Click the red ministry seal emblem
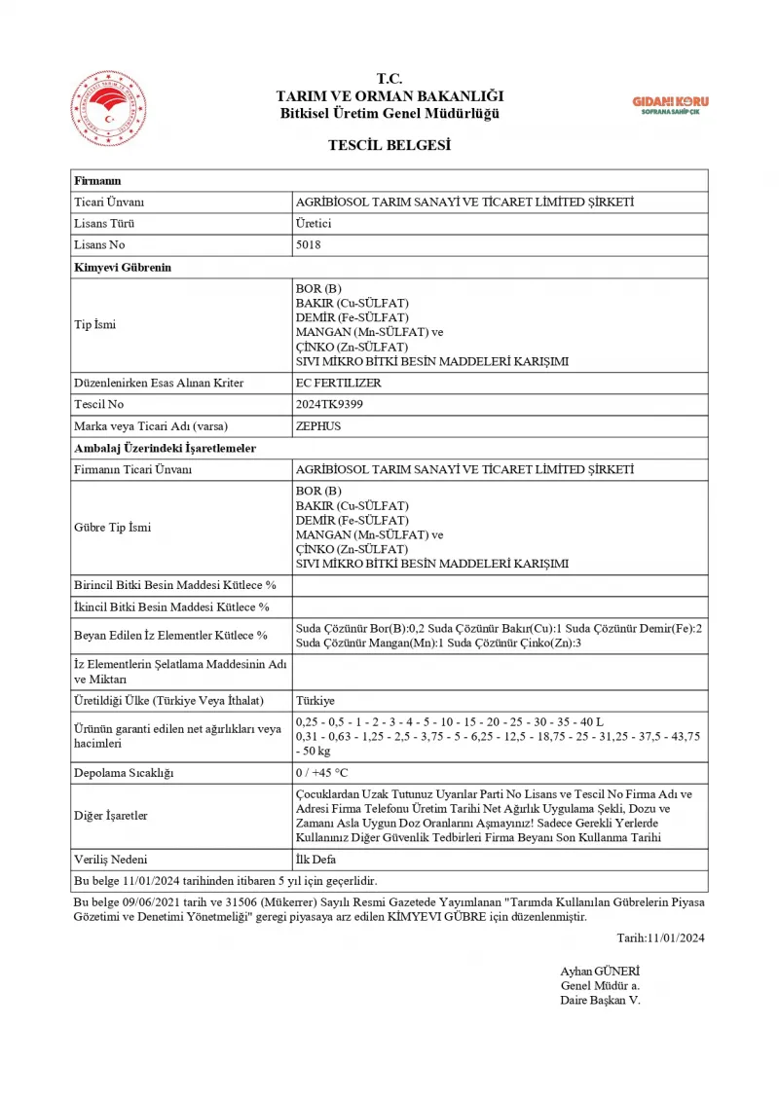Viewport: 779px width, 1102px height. pyautogui.click(x=107, y=108)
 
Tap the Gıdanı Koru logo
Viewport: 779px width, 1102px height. pyautogui.click(x=670, y=105)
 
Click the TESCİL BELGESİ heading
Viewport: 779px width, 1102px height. pyautogui.click(x=389, y=145)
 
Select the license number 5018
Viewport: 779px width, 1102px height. pyautogui.click(x=308, y=245)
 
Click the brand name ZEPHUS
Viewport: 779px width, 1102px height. pyautogui.click(x=317, y=425)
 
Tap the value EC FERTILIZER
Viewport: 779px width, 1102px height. pyautogui.click(x=338, y=383)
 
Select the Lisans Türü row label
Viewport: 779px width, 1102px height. pyautogui.click(x=105, y=224)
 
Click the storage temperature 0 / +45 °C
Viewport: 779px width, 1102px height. pyautogui.click(x=321, y=773)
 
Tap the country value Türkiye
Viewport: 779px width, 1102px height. pyautogui.click(x=315, y=700)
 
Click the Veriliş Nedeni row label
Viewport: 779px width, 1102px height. pyautogui.click(x=111, y=859)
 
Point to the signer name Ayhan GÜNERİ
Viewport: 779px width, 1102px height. pyautogui.click(x=600, y=971)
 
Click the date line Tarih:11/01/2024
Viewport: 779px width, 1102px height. pyautogui.click(x=660, y=937)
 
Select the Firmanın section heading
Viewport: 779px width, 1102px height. pyautogui.click(x=97, y=181)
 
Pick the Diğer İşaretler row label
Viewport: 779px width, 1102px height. pyautogui.click(x=111, y=816)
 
